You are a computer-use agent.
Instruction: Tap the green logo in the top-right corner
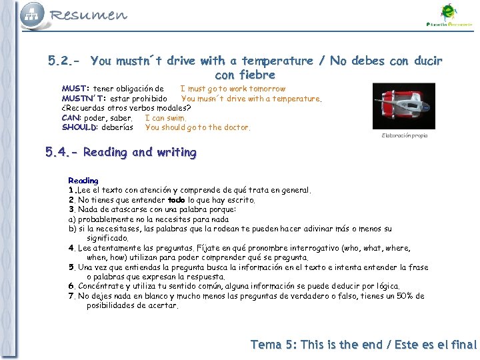click(x=448, y=15)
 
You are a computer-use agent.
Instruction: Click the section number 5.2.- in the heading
click(x=65, y=61)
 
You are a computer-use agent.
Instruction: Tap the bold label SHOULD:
click(x=80, y=127)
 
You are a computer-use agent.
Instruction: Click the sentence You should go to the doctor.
click(x=197, y=127)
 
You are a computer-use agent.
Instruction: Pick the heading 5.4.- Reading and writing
click(x=121, y=152)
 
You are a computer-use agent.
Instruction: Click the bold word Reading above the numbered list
click(x=83, y=181)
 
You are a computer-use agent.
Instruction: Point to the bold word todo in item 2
click(x=176, y=200)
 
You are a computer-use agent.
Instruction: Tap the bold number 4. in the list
click(x=72, y=248)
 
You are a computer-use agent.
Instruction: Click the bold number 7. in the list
click(x=72, y=296)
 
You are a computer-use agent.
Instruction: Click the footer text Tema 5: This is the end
click(x=316, y=345)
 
